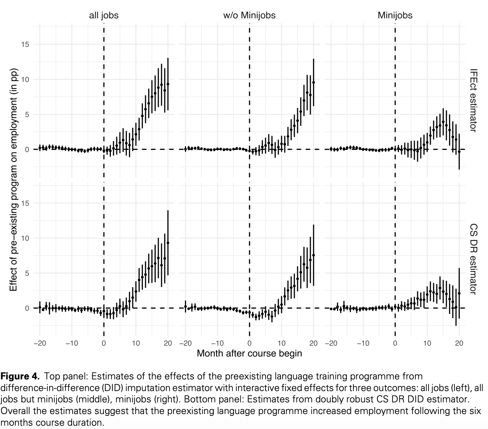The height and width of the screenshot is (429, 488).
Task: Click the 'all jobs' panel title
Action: [x=104, y=15]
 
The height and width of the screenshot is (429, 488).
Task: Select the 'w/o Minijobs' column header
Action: [x=249, y=15]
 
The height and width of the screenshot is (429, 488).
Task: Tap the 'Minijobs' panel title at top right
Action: [x=395, y=15]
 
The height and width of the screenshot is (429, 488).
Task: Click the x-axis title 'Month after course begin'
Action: [x=249, y=353]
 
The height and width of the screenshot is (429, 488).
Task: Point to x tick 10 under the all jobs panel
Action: [x=136, y=343]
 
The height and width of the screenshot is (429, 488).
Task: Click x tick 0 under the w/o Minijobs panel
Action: [x=249, y=343]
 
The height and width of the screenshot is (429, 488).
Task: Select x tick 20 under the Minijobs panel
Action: [x=459, y=343]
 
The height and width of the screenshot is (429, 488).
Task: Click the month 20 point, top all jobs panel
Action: [x=168, y=84]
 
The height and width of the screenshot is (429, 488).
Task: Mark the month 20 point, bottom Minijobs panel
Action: [x=459, y=293]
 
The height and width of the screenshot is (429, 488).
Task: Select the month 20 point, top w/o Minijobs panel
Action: [x=313, y=82]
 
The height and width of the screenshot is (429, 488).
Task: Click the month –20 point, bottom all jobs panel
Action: [x=40, y=307]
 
